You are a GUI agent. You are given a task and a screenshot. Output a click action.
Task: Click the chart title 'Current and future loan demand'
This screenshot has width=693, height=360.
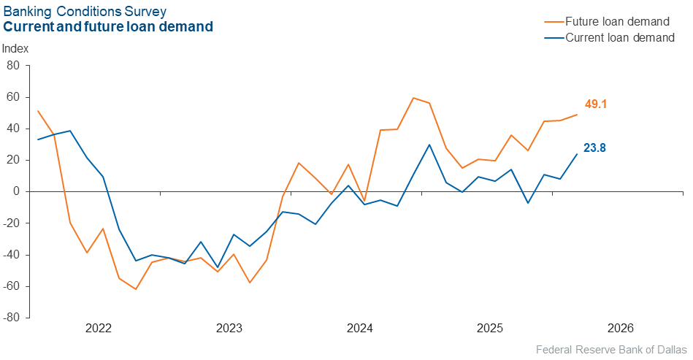(x=108, y=27)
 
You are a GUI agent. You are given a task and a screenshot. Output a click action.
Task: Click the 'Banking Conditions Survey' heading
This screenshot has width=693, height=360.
(x=85, y=12)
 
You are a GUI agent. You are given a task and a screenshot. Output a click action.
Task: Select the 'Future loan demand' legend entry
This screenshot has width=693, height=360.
(x=617, y=21)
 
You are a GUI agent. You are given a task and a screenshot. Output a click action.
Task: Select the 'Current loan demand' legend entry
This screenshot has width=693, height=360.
(x=620, y=37)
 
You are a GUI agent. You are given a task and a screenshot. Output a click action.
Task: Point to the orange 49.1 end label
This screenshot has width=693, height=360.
(x=596, y=104)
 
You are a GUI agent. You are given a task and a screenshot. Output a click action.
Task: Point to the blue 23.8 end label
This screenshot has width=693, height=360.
(x=594, y=148)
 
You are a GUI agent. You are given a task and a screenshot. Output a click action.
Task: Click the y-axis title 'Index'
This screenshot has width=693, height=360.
(x=16, y=49)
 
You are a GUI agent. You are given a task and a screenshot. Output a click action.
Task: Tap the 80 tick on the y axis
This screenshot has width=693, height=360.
(x=13, y=66)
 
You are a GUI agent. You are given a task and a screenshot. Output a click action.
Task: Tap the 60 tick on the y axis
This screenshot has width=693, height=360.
(x=13, y=97)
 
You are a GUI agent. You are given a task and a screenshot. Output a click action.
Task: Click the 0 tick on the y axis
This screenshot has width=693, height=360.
(x=17, y=191)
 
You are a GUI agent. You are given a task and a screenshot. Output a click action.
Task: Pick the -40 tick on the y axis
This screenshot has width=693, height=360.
(x=11, y=255)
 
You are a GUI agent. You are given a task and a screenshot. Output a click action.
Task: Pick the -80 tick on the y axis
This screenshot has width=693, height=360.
(x=11, y=318)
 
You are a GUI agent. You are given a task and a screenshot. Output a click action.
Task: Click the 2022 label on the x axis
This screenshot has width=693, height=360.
(x=99, y=329)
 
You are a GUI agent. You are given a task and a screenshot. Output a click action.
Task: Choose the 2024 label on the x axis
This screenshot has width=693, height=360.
(x=360, y=329)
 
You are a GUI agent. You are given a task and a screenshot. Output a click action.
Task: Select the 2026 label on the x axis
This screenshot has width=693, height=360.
(x=620, y=329)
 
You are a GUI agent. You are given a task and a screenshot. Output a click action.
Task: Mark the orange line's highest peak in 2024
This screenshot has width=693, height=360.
(x=413, y=98)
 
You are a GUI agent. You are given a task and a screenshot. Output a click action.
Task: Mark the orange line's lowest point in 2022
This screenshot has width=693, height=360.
(x=135, y=289)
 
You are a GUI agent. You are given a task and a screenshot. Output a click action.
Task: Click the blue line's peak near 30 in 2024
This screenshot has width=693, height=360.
(x=429, y=145)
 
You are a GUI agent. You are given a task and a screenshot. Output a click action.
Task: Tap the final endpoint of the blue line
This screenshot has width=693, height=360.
(x=577, y=153)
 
